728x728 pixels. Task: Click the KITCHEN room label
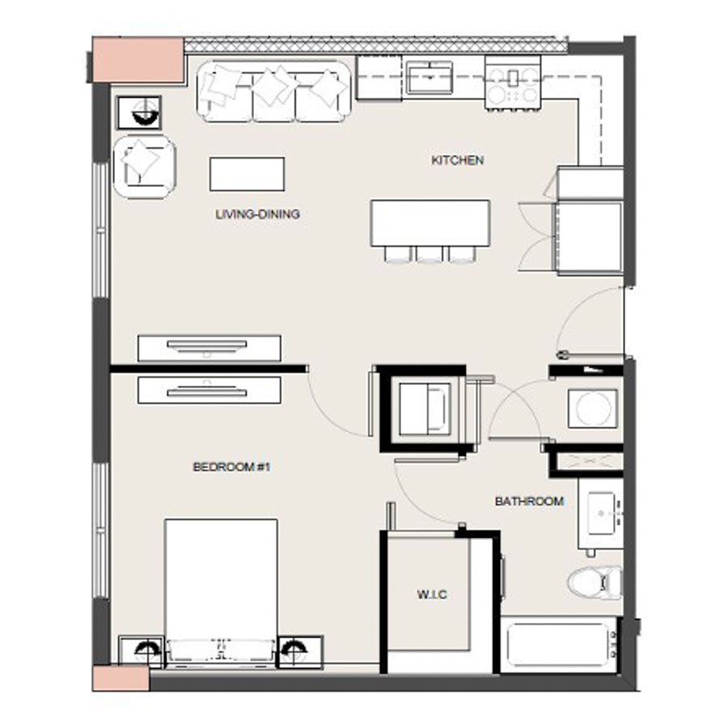click(x=457, y=161)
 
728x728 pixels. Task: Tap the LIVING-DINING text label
click(x=257, y=214)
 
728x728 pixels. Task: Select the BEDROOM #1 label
click(x=231, y=467)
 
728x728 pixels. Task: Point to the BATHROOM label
click(x=529, y=502)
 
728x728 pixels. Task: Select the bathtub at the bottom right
click(x=558, y=644)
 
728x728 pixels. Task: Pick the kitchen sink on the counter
click(x=431, y=78)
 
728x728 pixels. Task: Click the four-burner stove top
click(x=512, y=85)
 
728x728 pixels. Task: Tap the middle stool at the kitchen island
click(x=430, y=255)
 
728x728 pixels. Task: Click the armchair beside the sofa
click(x=145, y=166)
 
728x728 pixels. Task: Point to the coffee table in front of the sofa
click(x=247, y=174)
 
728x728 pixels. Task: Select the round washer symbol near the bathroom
click(x=593, y=408)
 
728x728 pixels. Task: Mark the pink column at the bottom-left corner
click(x=121, y=678)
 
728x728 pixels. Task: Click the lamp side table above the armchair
click(x=139, y=112)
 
